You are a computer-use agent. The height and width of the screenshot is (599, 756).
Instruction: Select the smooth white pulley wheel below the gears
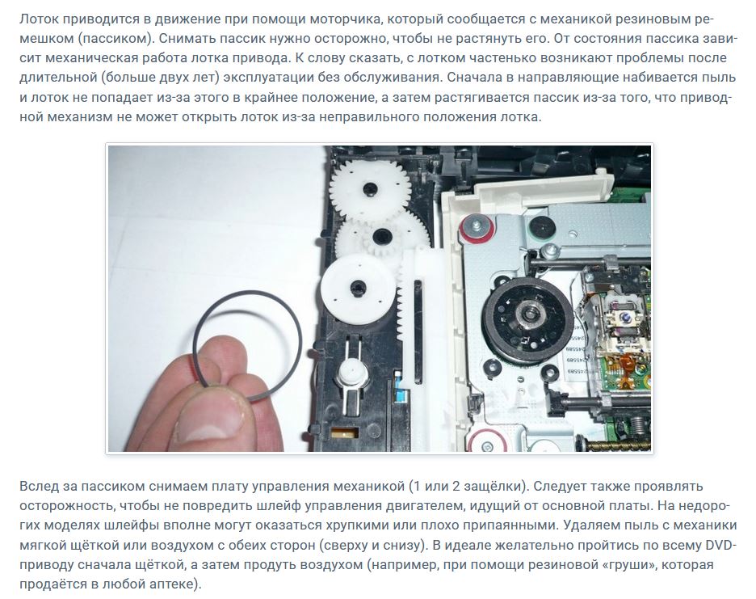click(x=359, y=288)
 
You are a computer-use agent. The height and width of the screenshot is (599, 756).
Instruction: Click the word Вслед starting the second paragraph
click(x=36, y=486)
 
